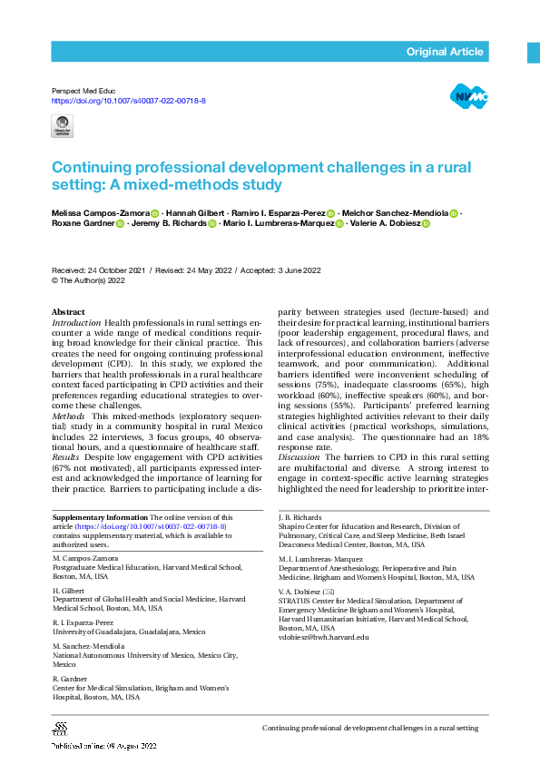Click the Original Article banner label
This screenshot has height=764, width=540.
click(x=444, y=52)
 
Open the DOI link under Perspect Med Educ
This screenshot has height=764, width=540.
click(x=128, y=101)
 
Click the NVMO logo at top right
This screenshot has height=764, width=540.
click(x=468, y=95)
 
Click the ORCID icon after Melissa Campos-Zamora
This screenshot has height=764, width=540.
click(x=155, y=213)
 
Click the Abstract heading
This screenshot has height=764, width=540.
click(x=69, y=312)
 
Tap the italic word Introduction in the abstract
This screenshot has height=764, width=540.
click(x=76, y=322)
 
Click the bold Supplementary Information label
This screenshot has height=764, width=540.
click(x=100, y=515)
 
